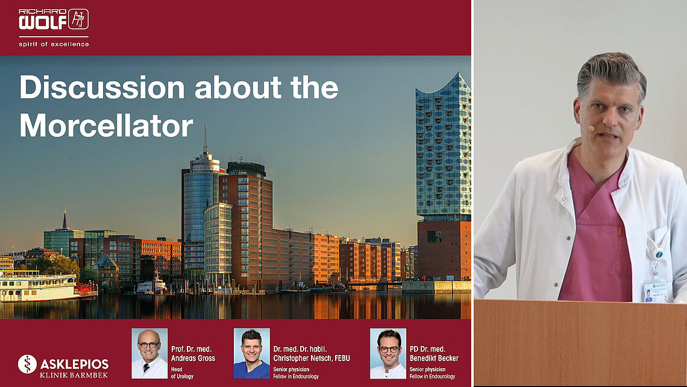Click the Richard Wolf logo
click(54, 19)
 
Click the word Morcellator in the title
click(106, 126)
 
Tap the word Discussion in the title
click(102, 87)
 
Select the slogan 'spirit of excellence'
click(54, 44)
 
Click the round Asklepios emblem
click(27, 364)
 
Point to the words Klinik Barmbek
click(74, 375)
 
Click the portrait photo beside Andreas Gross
click(149, 353)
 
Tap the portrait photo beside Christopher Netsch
click(251, 353)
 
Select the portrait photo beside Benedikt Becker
click(387, 353)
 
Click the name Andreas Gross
click(193, 358)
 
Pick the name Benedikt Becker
click(434, 358)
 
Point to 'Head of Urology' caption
click(182, 373)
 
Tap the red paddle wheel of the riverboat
click(87, 289)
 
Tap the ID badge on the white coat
click(654, 291)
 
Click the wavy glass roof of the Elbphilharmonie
click(444, 86)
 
